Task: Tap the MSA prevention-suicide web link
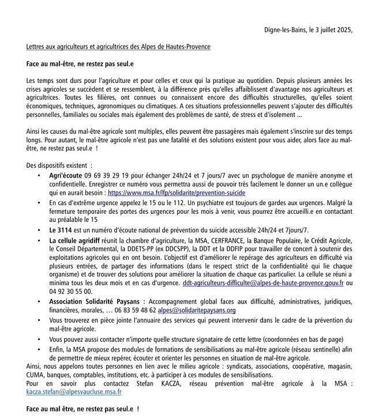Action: pos(168,193)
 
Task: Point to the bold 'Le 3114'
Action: pos(60,229)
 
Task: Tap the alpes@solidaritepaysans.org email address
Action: pos(197,310)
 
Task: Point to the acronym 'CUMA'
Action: pos(36,373)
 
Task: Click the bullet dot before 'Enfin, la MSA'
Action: pos(39,349)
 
